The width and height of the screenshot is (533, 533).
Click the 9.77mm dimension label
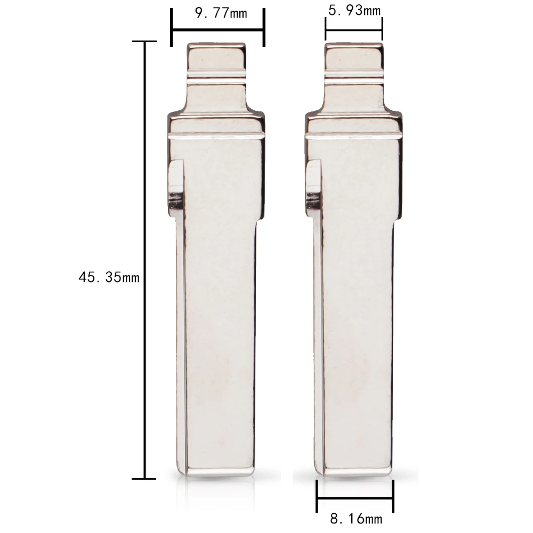tap(221, 13)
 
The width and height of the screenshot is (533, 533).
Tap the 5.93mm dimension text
tap(354, 10)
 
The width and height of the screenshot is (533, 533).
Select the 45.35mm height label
tap(109, 277)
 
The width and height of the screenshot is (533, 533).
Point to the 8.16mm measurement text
tap(356, 519)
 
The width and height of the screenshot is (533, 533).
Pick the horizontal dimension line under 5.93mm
tap(354, 30)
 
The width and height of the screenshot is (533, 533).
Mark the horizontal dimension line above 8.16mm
tap(355, 499)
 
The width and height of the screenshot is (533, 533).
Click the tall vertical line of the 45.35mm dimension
tap(144, 260)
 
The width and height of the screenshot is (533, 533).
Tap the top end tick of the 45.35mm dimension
tap(144, 42)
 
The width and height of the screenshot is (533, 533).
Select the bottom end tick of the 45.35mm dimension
tap(144, 479)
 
